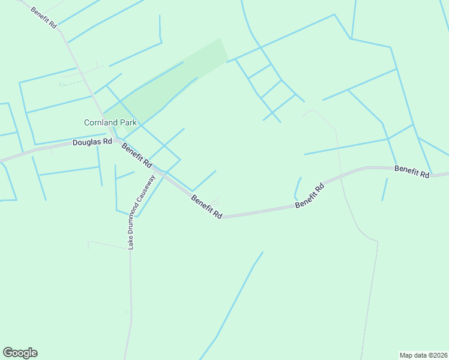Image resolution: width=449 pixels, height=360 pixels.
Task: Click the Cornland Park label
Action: [x=110, y=122]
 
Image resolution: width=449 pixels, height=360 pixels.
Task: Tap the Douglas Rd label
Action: [x=92, y=142]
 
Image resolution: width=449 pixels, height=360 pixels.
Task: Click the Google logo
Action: [x=20, y=353]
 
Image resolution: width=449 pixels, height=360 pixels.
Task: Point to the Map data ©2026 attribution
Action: [x=424, y=355]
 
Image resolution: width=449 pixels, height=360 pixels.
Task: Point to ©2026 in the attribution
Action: [x=435, y=355]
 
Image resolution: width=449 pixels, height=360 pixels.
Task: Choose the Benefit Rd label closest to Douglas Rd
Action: [x=137, y=155]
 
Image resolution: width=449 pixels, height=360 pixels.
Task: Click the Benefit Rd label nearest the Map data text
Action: [x=412, y=172]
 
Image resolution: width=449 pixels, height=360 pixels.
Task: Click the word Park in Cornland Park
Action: [x=128, y=122]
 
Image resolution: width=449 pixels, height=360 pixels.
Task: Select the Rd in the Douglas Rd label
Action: [x=107, y=142]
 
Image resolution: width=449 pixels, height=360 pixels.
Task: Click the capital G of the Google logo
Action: [x=8, y=352]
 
